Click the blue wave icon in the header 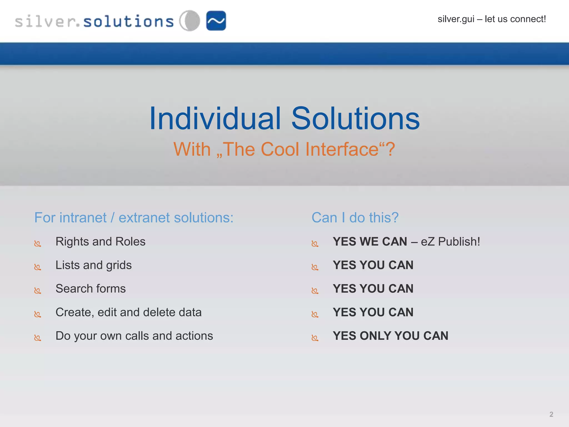(216, 21)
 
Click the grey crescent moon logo (190, 21)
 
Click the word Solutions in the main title (355, 119)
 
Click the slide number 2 (551, 414)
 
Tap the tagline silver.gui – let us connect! (491, 19)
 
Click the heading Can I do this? (355, 217)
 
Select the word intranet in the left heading (83, 217)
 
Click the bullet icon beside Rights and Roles (38, 244)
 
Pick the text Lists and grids (93, 265)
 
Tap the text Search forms (90, 289)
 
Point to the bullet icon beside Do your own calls (38, 338)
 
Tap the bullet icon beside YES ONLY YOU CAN (315, 338)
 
